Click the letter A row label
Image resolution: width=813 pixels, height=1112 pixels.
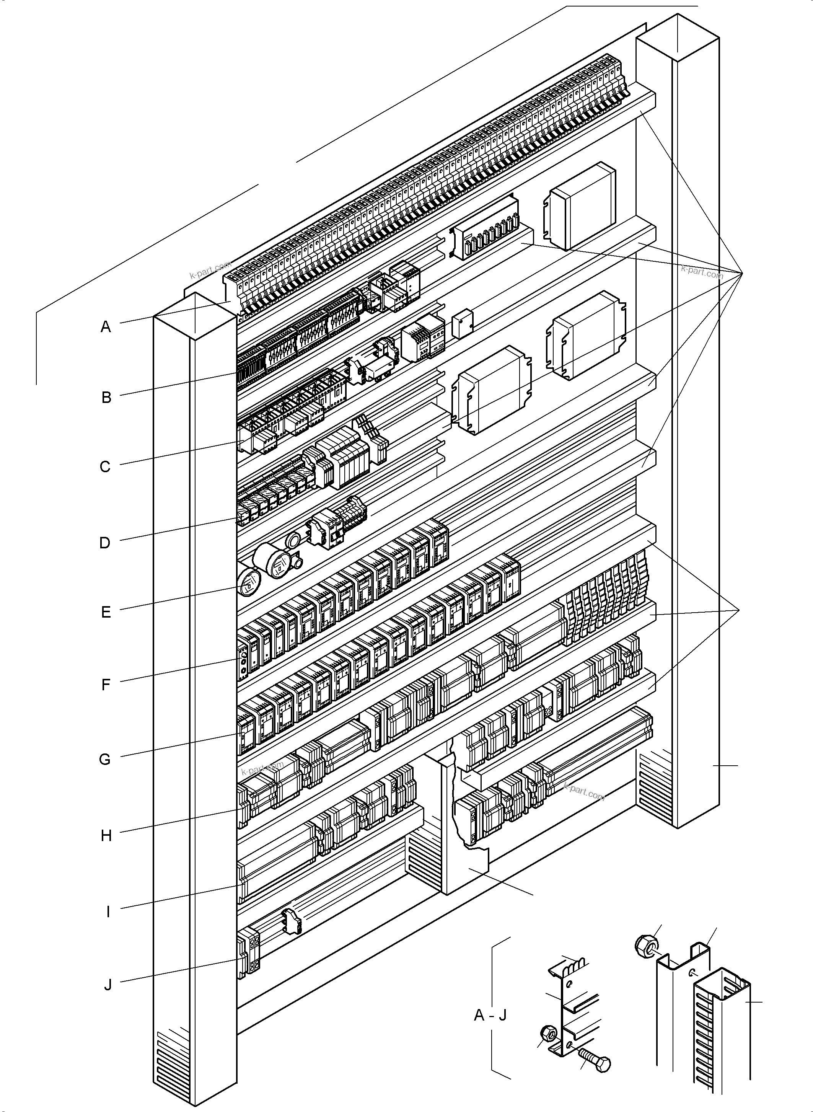106,327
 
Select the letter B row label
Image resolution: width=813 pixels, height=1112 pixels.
106,397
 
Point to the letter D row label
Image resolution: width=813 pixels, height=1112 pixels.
105,543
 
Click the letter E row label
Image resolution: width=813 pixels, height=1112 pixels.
106,612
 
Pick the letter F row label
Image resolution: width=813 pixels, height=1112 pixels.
106,685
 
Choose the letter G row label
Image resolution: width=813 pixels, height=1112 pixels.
105,760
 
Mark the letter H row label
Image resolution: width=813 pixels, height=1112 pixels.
106,836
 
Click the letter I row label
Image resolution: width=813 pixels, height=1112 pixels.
108,911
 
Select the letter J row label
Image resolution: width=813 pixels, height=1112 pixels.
108,985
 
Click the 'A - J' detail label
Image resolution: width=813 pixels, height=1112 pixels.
490,1015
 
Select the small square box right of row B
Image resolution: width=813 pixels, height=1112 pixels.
462,323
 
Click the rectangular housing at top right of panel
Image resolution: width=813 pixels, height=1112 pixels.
581,206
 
